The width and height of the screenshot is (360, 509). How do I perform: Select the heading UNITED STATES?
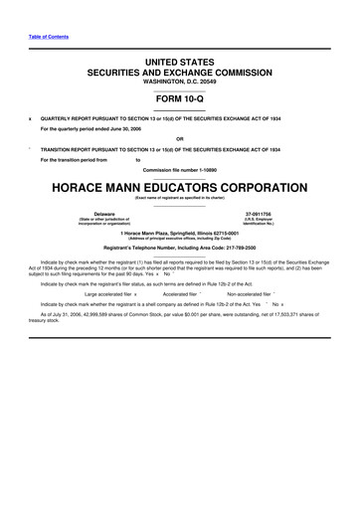(x=179, y=63)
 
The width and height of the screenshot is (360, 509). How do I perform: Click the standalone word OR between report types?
(x=179, y=138)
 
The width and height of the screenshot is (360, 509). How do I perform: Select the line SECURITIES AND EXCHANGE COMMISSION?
(x=179, y=74)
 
